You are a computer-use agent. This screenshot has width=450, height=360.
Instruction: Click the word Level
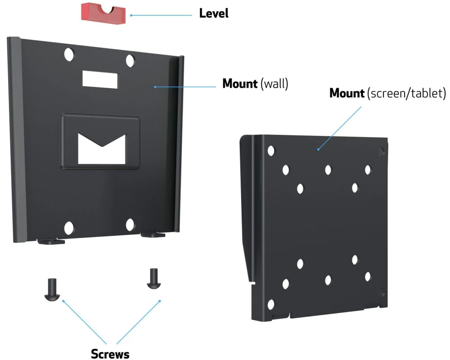point(214,14)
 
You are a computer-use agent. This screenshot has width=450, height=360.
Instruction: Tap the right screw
point(153,279)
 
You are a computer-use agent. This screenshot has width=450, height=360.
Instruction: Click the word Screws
point(110,354)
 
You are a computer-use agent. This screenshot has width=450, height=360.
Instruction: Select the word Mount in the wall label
point(240,84)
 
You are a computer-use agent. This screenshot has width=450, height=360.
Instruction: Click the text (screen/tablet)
point(406,94)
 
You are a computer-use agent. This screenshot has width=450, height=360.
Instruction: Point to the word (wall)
point(274,84)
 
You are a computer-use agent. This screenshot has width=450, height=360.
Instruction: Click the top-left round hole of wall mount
point(69,55)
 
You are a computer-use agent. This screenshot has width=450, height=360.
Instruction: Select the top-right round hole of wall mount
point(130,60)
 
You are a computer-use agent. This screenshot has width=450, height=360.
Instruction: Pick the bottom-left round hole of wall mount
point(69,228)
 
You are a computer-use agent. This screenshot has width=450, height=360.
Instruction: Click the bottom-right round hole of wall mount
point(130,225)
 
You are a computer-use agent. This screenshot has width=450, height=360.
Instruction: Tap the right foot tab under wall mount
point(153,234)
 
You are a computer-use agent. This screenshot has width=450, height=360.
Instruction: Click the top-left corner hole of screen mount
point(271,151)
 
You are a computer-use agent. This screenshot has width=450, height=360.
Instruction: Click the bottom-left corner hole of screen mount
point(271,305)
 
